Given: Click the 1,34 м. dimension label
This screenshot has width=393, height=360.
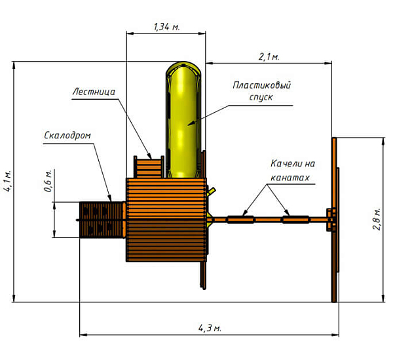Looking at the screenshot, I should [x=166, y=27].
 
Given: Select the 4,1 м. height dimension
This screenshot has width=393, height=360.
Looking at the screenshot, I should [x=7, y=179].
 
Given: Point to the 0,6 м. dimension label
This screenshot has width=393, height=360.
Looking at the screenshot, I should [x=48, y=180].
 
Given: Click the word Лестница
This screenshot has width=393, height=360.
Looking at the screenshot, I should [x=94, y=92].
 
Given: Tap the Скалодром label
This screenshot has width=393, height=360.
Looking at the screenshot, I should [x=67, y=136].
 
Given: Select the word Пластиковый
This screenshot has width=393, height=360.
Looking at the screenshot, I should [x=261, y=86].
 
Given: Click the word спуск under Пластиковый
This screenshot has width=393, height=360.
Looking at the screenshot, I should [x=261, y=97].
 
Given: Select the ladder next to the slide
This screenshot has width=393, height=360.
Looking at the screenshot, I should [x=148, y=167].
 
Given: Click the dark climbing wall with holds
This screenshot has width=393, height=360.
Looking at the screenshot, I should [x=100, y=219].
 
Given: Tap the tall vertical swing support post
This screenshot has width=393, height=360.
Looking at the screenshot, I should [x=335, y=220].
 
